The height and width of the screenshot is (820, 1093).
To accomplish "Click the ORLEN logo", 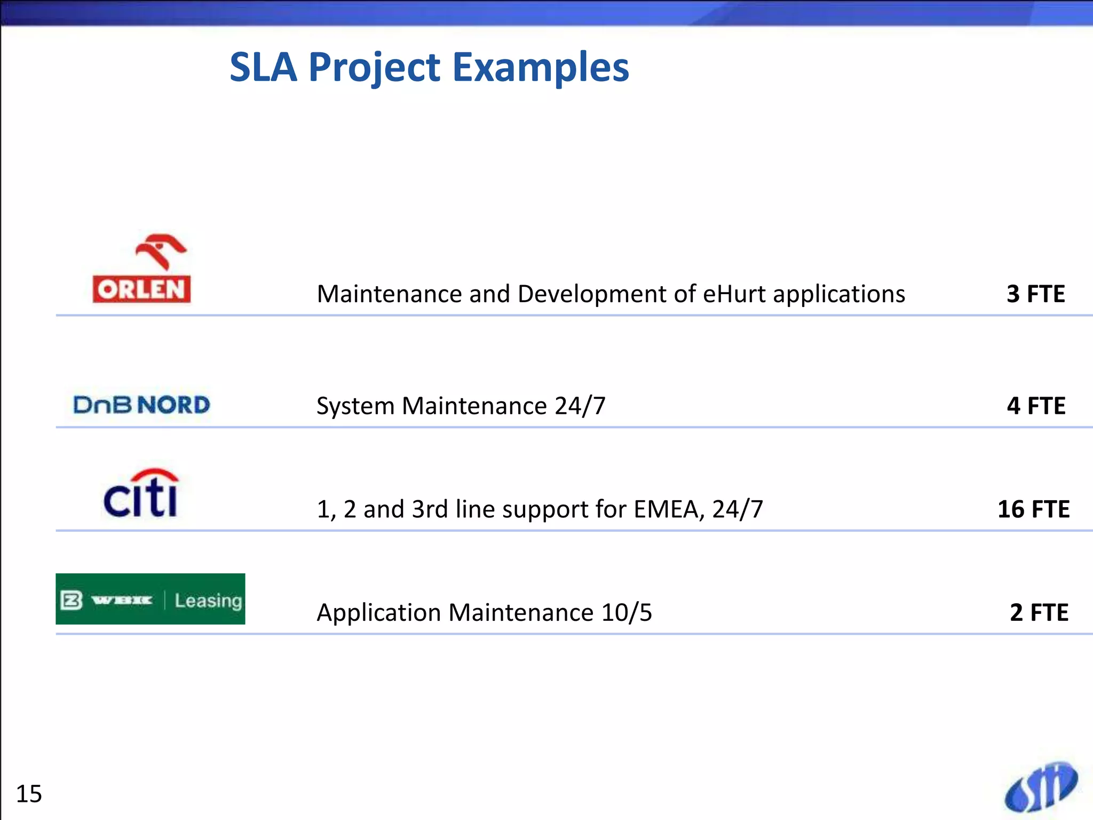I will (x=141, y=270).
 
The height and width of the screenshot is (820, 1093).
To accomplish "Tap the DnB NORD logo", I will (x=141, y=405).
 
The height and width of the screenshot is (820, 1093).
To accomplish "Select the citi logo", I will (x=141, y=494).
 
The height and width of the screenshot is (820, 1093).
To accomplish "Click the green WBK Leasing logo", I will (x=150, y=599).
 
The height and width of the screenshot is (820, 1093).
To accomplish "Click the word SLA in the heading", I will (x=263, y=67).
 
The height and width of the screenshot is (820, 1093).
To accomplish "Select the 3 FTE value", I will (x=1035, y=294).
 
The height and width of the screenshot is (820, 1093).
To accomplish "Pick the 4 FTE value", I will (x=1035, y=406).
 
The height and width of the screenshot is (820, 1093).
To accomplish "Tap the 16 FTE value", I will (x=1033, y=509).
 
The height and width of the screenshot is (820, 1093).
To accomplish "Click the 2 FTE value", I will (x=1039, y=612).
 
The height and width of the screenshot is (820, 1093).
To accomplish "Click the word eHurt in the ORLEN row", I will (x=734, y=294).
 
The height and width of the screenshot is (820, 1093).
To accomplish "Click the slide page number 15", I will (x=29, y=794).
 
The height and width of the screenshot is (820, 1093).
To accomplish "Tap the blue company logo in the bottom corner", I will (x=1040, y=787).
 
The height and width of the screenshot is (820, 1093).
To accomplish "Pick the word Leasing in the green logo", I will (x=208, y=601).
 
